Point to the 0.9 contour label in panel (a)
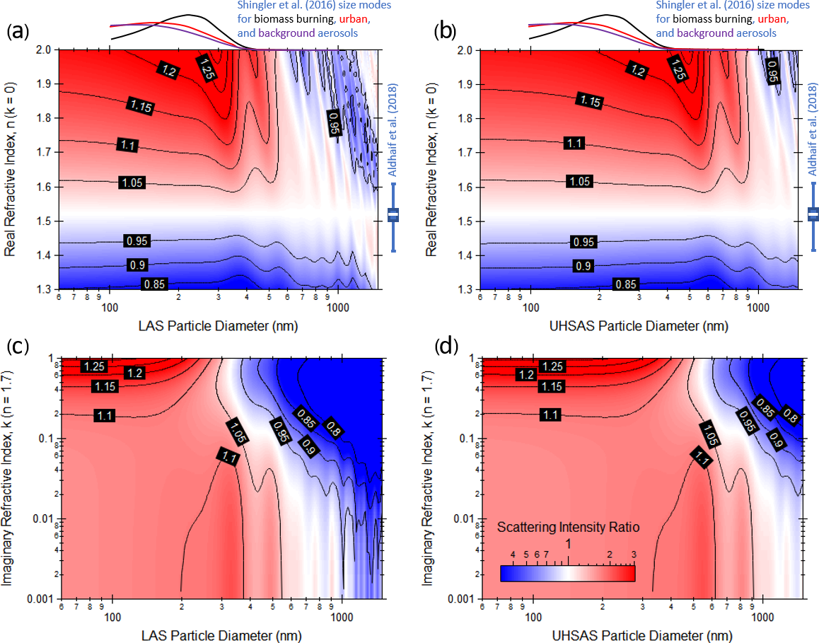[134, 264]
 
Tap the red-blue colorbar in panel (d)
[567, 573]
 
